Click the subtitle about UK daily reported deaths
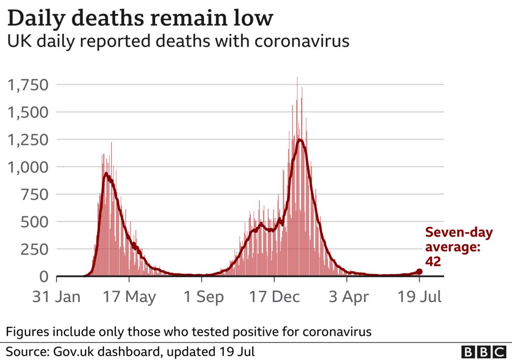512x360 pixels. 178,41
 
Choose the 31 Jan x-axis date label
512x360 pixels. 57,297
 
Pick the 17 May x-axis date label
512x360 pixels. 129,297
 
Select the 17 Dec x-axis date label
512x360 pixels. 274,297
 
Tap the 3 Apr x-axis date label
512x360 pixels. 346,297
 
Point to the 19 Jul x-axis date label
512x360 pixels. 419,297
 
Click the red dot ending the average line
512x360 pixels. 419,271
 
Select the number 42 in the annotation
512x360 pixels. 433,261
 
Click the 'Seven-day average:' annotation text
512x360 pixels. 458,239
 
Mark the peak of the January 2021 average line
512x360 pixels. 300,139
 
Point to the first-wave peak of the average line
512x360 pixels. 106,174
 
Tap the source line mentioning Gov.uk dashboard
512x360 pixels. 131,351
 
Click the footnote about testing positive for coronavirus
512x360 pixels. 189,331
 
